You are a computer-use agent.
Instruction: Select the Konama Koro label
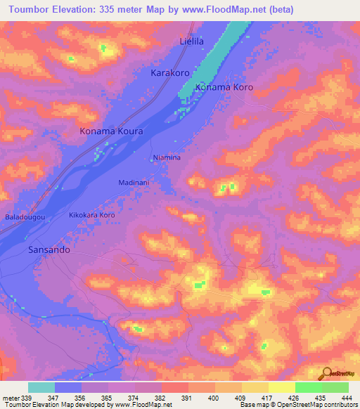(x=224, y=88)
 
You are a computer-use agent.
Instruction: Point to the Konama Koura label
(x=112, y=131)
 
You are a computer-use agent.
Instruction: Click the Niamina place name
(x=167, y=158)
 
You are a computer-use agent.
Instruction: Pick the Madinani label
(x=134, y=182)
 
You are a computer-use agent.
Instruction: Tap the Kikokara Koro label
(x=91, y=214)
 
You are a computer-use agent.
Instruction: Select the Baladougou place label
(x=25, y=217)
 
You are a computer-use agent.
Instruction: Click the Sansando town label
(x=49, y=249)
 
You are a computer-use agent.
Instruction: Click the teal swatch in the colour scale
(x=41, y=387)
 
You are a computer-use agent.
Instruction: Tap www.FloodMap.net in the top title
(x=229, y=9)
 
